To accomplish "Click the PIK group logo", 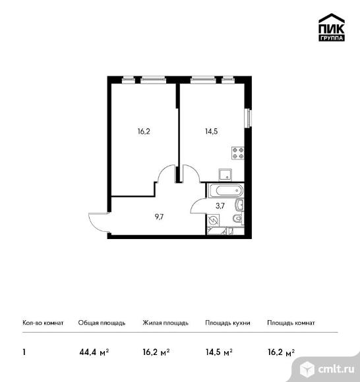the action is pos(332,27).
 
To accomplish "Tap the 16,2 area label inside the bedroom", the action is pos(144,132).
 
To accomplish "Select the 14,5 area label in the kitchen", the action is pos(212,132).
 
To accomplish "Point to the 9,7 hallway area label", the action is pos(159,217).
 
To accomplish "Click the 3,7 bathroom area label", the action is pos(220,206).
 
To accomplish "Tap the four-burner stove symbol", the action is pos(238,153).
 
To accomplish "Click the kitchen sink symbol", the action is pos(225,175).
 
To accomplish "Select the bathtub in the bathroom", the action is pos(225,190).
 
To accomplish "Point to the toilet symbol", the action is pos(238,218).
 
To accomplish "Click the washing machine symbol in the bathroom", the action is pos(213,221).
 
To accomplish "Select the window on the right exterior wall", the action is pos(249,118).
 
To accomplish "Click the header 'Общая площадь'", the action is pos(102,323).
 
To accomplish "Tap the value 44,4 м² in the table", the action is pos(94,352).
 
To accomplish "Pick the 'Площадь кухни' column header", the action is pos(227,323).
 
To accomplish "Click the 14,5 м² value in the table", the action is pos(219,352).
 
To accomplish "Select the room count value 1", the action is pos(24,352).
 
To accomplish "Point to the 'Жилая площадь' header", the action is pos(165,323).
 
